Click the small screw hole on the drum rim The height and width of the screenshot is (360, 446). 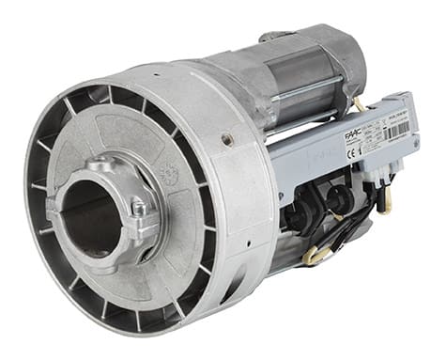(x=227, y=140)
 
